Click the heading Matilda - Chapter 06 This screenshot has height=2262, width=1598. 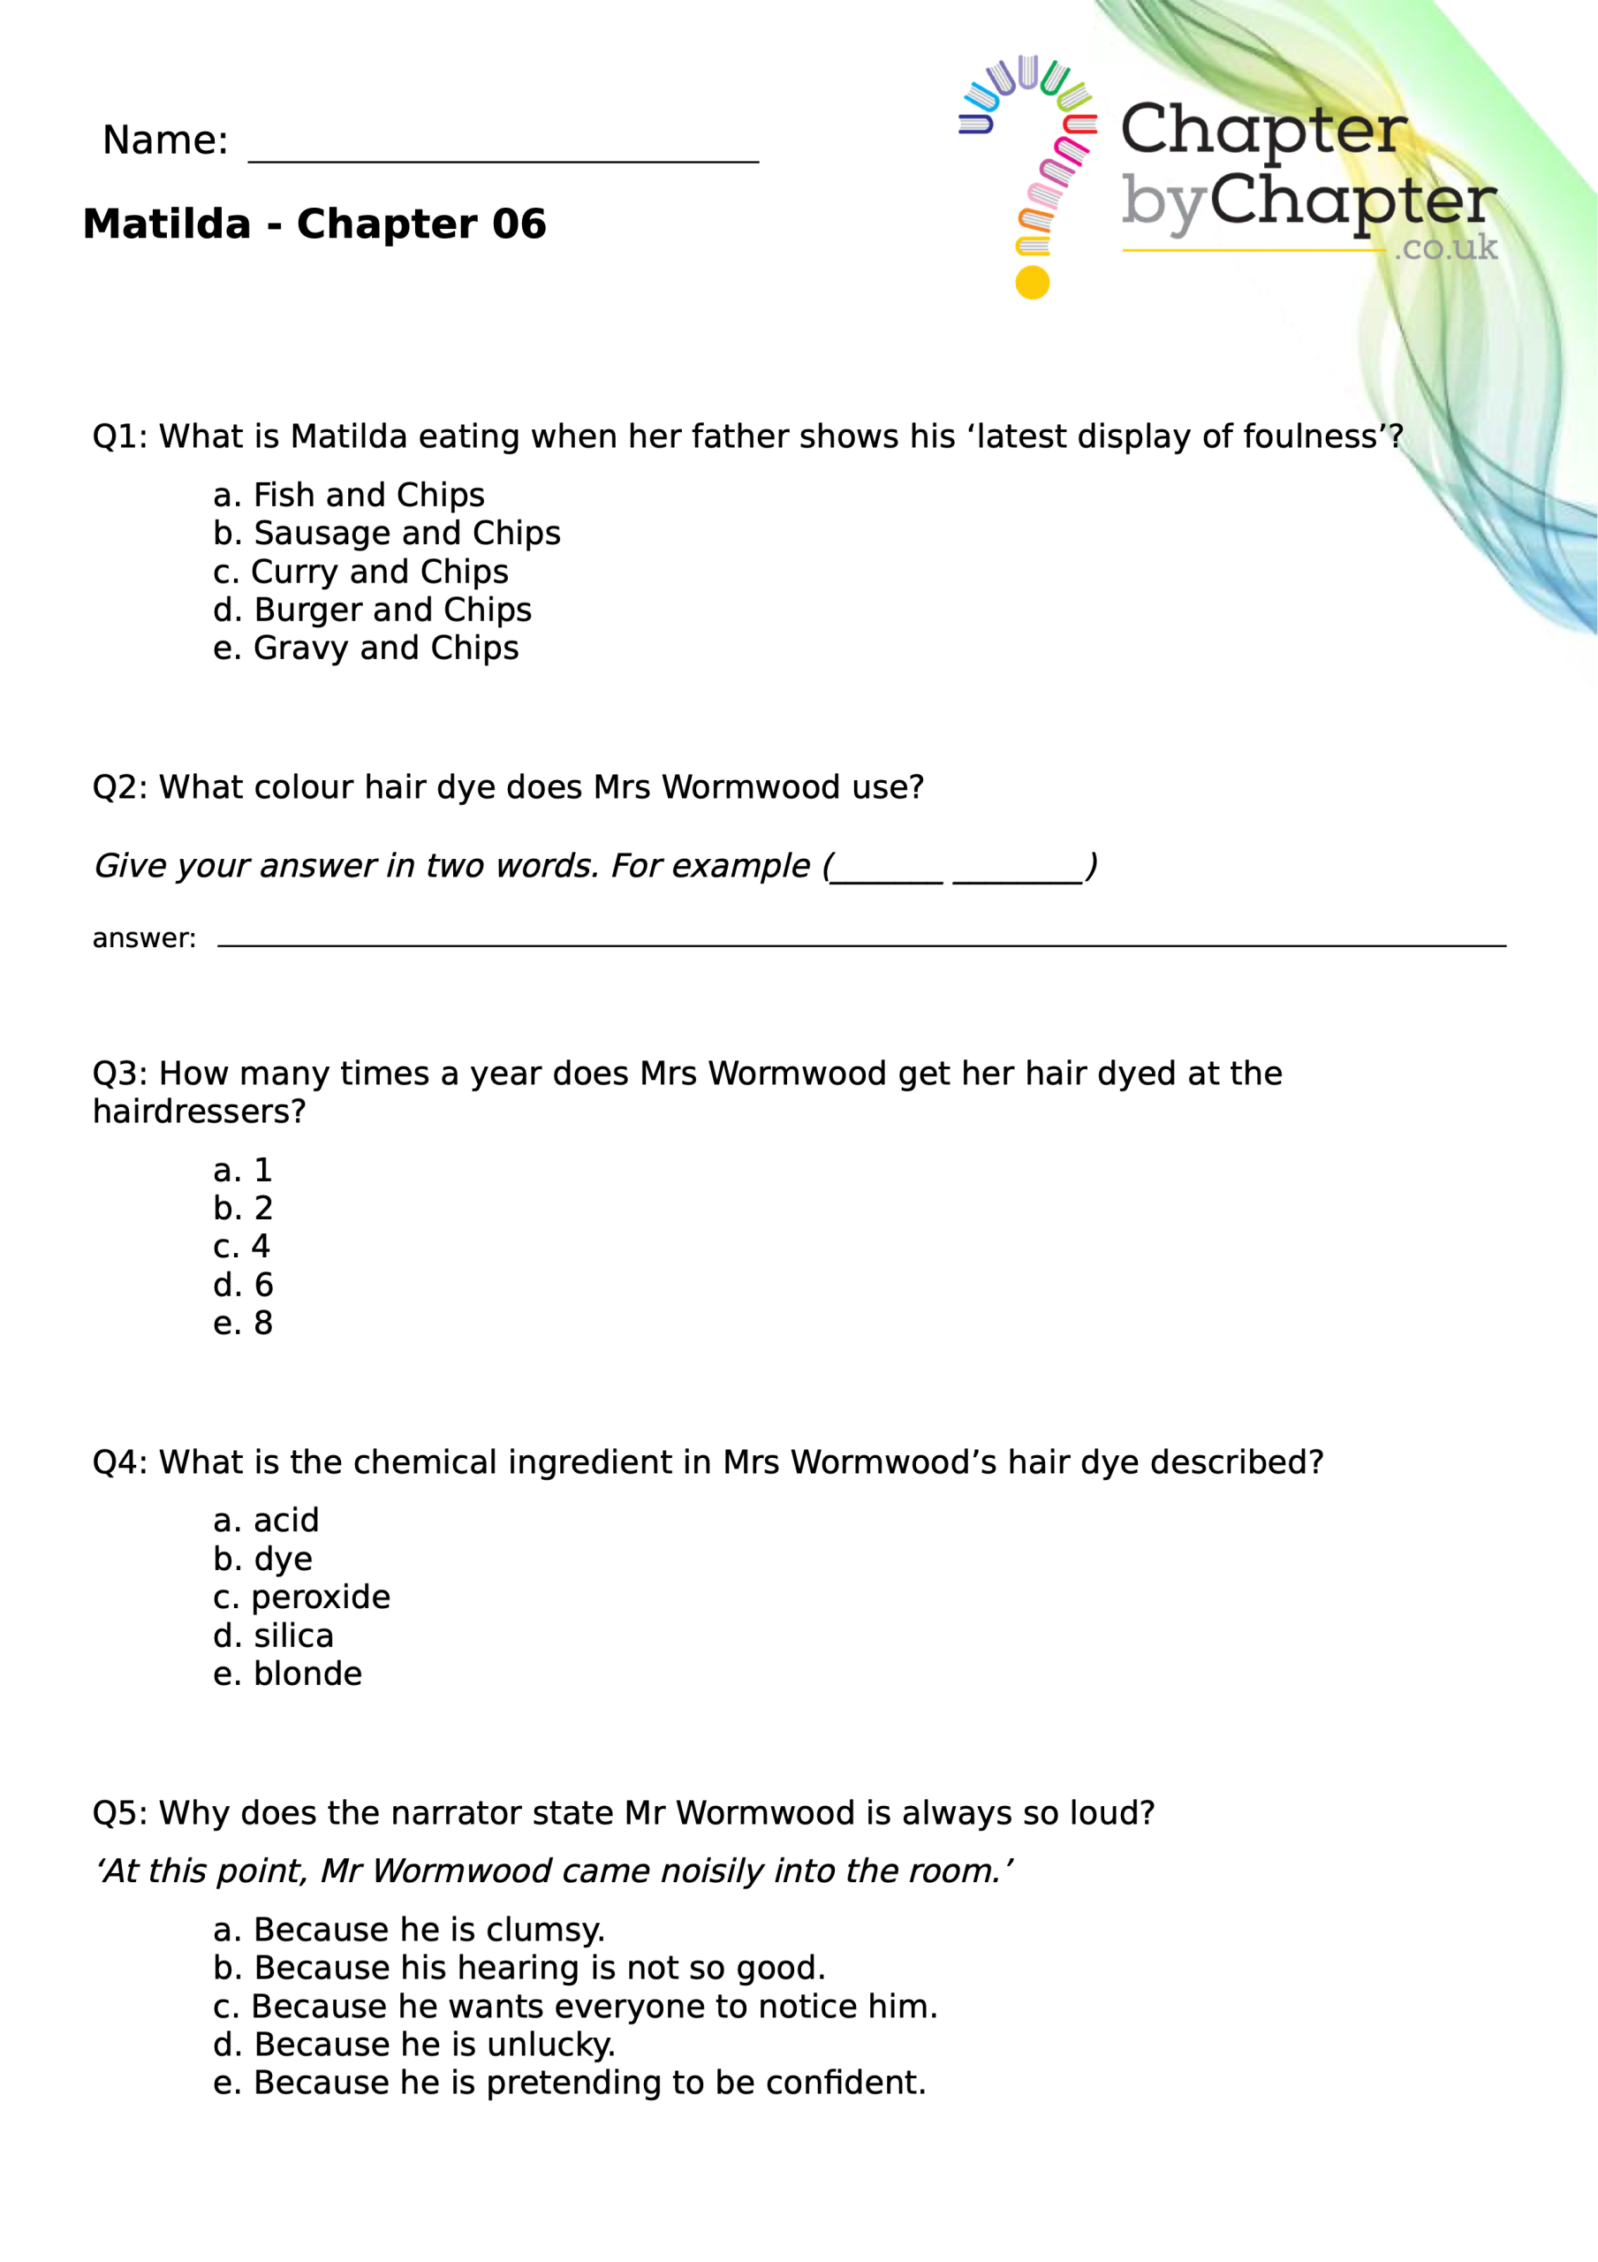[x=314, y=224]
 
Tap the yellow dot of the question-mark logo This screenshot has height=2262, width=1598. [x=1032, y=283]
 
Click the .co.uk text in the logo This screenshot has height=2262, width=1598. [x=1445, y=247]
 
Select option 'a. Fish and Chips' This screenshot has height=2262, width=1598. [x=349, y=495]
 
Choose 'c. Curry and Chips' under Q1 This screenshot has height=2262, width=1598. [x=360, y=572]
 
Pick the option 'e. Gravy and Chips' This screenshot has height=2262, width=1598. [x=366, y=649]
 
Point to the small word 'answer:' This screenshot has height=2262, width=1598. [x=144, y=937]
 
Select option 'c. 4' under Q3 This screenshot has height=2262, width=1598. [x=241, y=1246]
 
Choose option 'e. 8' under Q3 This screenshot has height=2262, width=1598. [x=242, y=1323]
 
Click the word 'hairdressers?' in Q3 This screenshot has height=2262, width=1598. [x=199, y=1112]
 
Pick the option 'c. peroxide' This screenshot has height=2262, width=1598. [x=301, y=1597]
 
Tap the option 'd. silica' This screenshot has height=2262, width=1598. [x=273, y=1636]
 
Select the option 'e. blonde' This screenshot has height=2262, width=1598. [x=288, y=1674]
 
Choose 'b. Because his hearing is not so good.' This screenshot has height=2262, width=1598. [x=519, y=1968]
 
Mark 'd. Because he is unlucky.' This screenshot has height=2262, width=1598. [x=413, y=2045]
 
